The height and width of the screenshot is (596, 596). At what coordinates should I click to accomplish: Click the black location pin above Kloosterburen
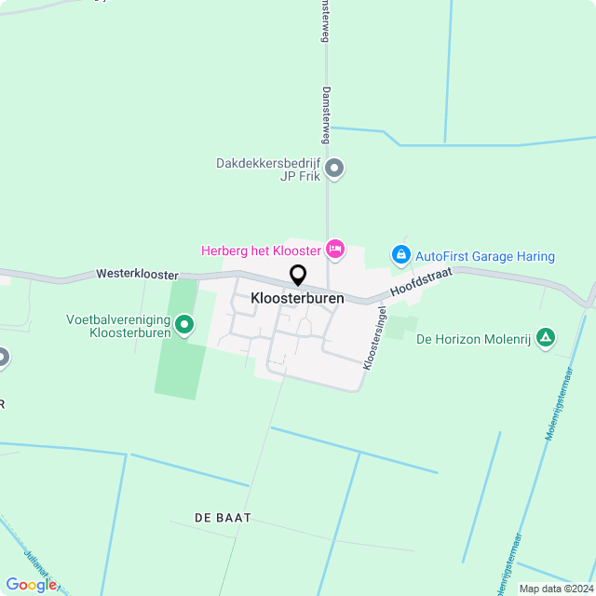[x=298, y=275]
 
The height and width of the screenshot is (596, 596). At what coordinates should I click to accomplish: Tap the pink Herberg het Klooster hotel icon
[x=335, y=249]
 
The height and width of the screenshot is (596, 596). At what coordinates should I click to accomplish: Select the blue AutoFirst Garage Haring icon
[x=400, y=254]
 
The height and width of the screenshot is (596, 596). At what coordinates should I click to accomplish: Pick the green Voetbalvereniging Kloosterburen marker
[x=184, y=324]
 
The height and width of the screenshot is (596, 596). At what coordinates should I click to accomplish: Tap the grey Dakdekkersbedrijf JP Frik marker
[x=336, y=169]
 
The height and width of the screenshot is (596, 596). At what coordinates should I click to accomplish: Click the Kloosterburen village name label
[x=297, y=299]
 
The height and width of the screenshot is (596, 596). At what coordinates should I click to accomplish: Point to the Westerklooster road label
[x=137, y=276]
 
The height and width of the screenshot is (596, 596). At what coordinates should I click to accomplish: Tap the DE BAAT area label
[x=223, y=517]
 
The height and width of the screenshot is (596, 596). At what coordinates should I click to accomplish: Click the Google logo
[x=31, y=584]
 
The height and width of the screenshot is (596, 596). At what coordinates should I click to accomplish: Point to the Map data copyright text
[x=556, y=589]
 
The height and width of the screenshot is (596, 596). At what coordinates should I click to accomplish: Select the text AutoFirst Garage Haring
[x=484, y=256]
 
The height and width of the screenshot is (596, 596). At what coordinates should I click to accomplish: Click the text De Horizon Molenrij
[x=473, y=340]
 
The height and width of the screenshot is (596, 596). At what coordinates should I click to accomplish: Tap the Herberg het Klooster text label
[x=261, y=250]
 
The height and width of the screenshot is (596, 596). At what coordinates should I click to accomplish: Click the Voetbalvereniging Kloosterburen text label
[x=118, y=325]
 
